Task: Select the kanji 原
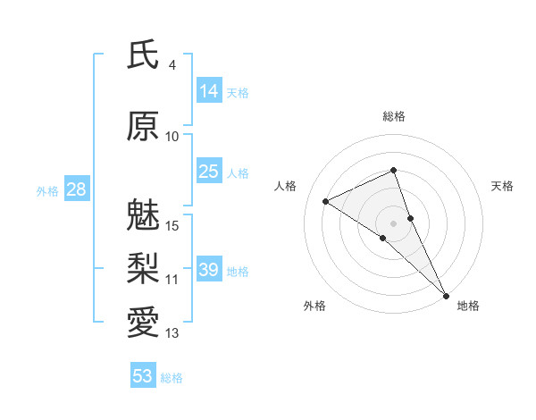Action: click(x=143, y=127)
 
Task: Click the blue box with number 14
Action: click(x=209, y=90)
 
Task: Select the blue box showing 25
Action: click(x=209, y=172)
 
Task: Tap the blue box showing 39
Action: click(x=209, y=270)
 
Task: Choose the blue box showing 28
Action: click(x=76, y=189)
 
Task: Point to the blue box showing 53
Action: click(x=143, y=376)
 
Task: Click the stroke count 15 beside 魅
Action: click(x=173, y=225)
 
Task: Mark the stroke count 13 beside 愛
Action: click(x=172, y=333)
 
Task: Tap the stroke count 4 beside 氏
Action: click(x=172, y=65)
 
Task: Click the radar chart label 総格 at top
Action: click(x=393, y=116)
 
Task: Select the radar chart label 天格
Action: click(x=503, y=186)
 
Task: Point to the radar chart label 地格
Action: click(x=468, y=306)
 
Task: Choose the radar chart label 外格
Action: click(x=314, y=306)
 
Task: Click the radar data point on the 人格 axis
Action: click(x=325, y=201)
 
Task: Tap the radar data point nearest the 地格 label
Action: click(x=446, y=294)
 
